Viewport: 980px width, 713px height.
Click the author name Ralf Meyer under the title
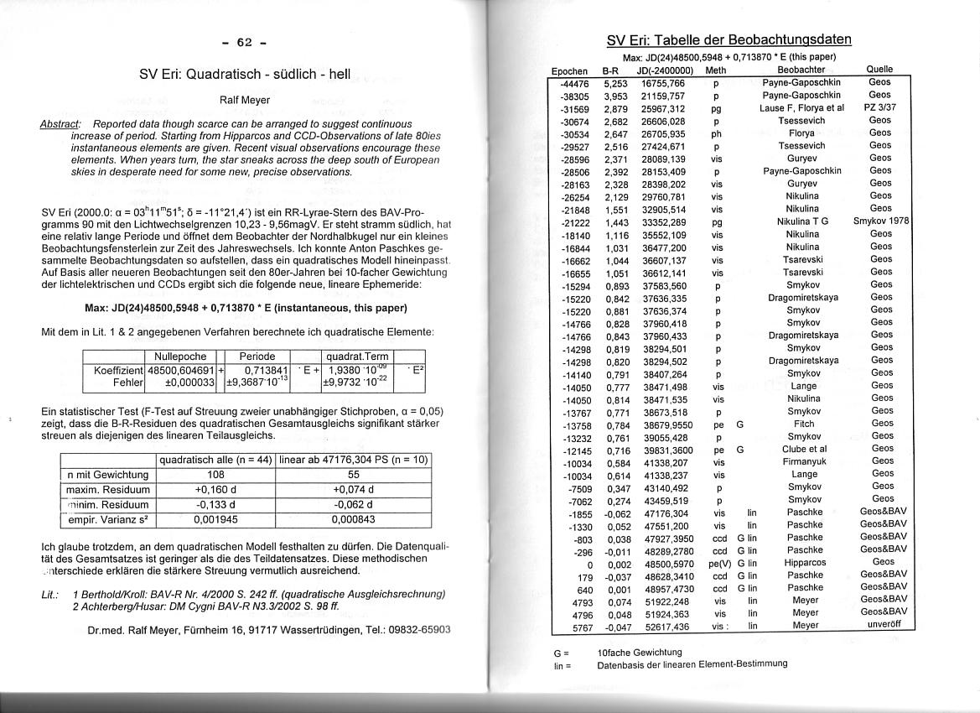point(244,100)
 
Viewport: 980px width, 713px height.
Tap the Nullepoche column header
point(181,356)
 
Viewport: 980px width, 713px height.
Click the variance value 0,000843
point(353,520)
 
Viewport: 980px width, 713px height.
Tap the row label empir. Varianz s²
point(110,520)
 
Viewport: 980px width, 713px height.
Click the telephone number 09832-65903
point(420,629)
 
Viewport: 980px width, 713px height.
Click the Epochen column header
point(570,70)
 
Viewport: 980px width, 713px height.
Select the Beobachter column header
point(801,70)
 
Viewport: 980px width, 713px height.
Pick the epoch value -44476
point(574,83)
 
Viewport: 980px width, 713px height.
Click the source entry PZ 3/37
point(880,108)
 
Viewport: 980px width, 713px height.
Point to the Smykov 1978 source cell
point(880,221)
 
